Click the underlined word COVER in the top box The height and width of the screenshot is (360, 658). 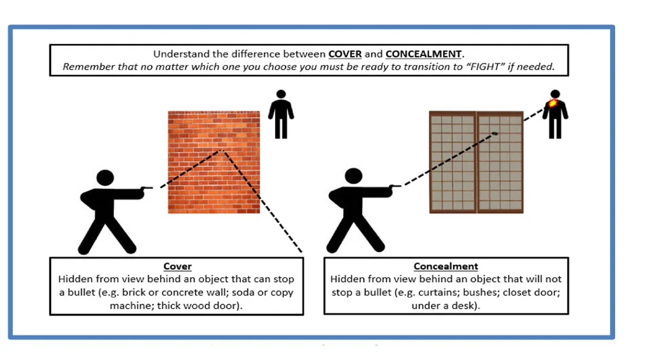tap(345, 54)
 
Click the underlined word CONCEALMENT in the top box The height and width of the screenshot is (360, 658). tap(424, 54)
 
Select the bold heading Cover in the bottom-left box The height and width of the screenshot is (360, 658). tap(177, 266)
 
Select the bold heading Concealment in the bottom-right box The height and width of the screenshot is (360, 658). tap(446, 266)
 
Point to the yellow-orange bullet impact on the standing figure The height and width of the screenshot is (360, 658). tap(552, 104)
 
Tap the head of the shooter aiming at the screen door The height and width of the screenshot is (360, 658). tap(354, 176)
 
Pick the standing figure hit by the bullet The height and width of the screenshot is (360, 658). tap(555, 118)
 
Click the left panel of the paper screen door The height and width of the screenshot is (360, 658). tap(452, 162)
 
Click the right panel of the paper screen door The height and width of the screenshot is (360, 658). tap(500, 162)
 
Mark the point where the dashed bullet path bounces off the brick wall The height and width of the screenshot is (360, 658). tap(222, 149)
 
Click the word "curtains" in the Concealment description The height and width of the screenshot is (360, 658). tap(484, 292)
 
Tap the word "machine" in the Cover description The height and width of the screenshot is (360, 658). tap(129, 306)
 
